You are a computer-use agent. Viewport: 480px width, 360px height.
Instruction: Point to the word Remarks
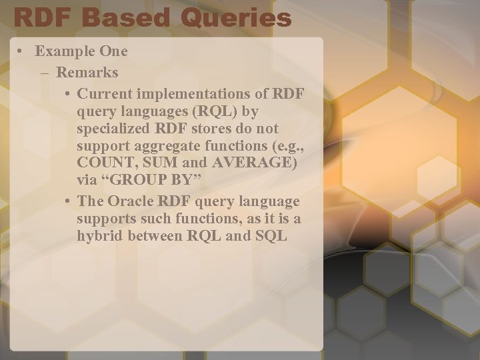click(x=87, y=71)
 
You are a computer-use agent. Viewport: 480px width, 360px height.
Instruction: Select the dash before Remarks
click(x=44, y=71)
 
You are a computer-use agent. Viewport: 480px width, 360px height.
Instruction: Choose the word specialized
click(x=115, y=127)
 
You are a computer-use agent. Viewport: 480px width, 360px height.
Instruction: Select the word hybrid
click(x=99, y=237)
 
